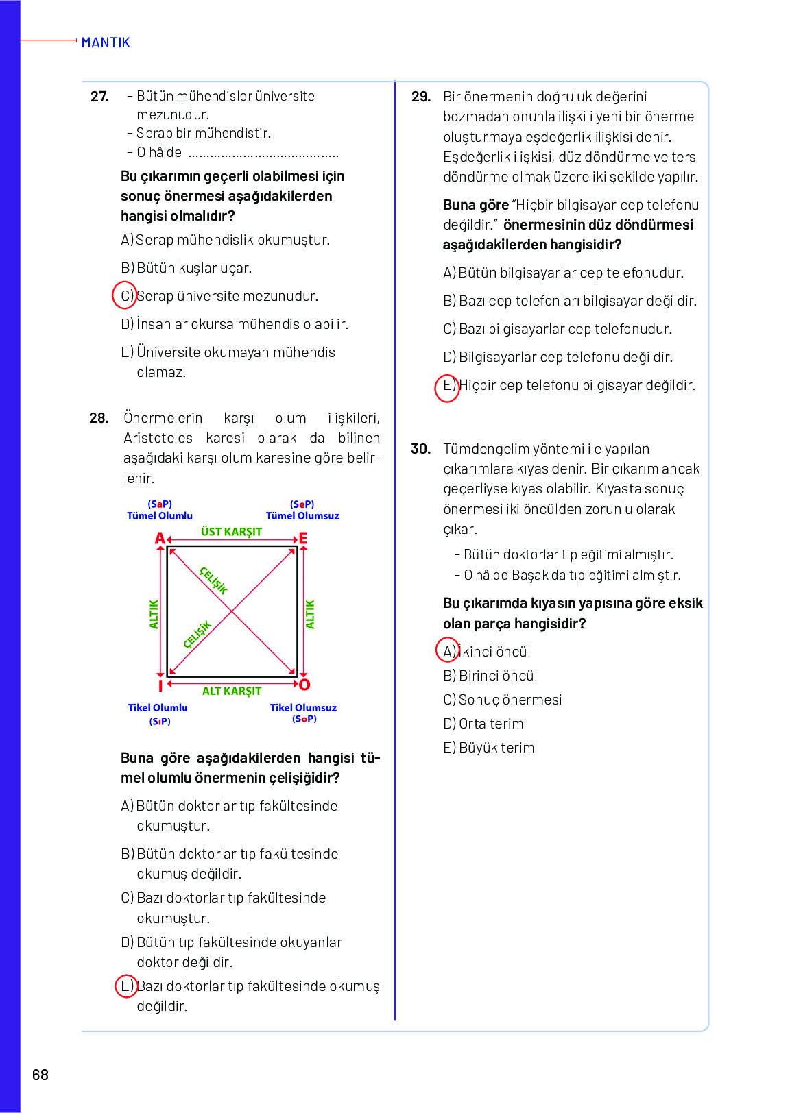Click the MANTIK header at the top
click(x=105, y=42)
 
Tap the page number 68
click(x=40, y=1075)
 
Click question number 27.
click(x=99, y=97)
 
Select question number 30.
click(x=420, y=449)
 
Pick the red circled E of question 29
click(x=447, y=387)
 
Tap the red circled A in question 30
click(x=448, y=650)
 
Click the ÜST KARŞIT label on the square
click(x=231, y=532)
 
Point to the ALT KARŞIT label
click(x=231, y=691)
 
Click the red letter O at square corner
click(x=304, y=685)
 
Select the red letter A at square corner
click(x=160, y=539)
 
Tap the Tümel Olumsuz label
click(x=302, y=516)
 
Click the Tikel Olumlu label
click(x=157, y=707)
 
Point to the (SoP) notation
click(x=304, y=719)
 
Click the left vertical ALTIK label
click(x=154, y=614)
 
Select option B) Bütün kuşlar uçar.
click(x=187, y=268)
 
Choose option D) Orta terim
click(x=483, y=724)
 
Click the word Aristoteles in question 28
click(x=158, y=438)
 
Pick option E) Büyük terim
click(x=489, y=748)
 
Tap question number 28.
click(x=99, y=418)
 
